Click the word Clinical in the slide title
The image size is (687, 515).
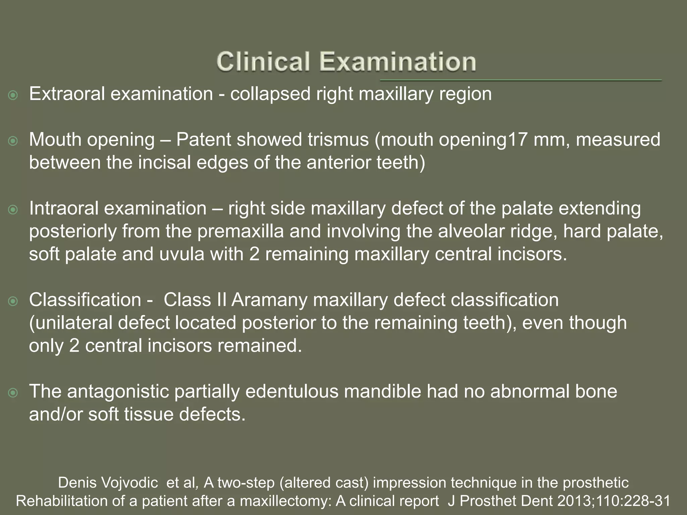point(263,62)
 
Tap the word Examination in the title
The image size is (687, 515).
point(398,62)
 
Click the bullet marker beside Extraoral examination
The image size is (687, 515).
point(13,96)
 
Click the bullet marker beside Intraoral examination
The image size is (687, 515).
point(13,210)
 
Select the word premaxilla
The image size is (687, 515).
point(240,231)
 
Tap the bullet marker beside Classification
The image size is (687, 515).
point(13,301)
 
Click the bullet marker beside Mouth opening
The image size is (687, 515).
point(13,141)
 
